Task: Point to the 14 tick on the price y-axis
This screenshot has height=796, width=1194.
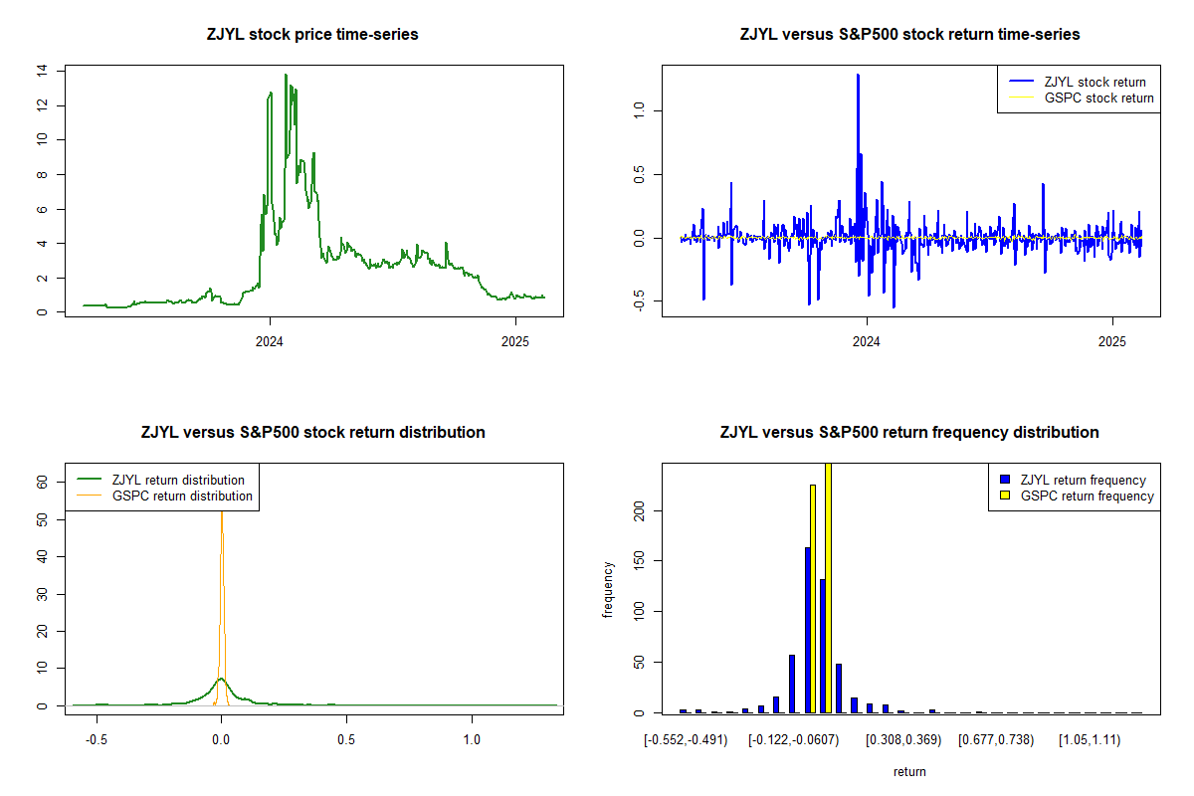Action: coord(42,71)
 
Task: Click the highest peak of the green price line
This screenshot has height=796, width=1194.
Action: coord(286,75)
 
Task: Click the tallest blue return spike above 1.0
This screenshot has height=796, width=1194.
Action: coord(857,76)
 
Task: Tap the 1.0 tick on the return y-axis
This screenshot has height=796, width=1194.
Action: coord(639,108)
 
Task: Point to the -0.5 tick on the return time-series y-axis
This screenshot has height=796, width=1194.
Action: coord(639,302)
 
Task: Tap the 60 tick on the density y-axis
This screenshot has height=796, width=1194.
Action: coord(42,481)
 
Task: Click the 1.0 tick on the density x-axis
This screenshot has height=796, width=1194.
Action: coord(472,740)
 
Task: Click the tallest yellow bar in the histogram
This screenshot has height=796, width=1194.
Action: coord(828,587)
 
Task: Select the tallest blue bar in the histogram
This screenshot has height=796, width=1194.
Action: coord(807,629)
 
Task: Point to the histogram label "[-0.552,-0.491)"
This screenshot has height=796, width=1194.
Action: coord(686,740)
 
